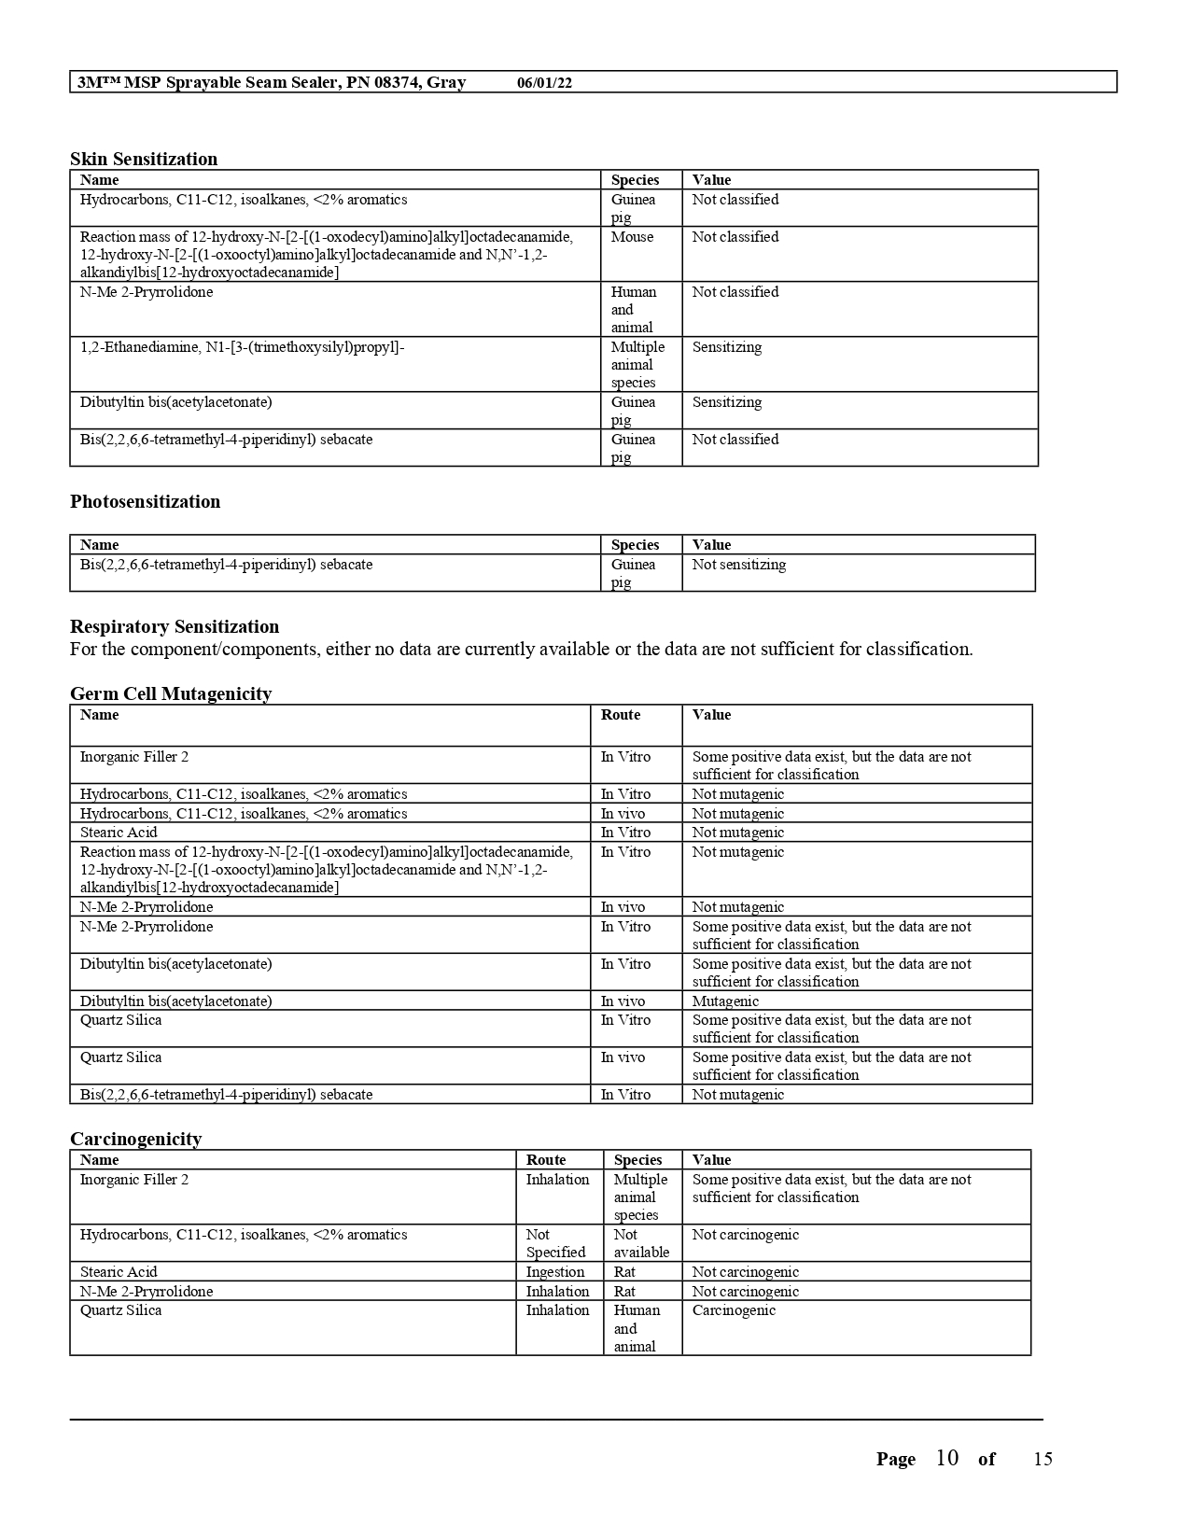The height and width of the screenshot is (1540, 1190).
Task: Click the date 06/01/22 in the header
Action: click(544, 83)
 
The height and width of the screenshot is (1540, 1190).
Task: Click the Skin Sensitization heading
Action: click(144, 159)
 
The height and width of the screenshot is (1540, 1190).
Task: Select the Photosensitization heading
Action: click(145, 501)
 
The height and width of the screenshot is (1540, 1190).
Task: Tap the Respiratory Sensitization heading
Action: click(175, 626)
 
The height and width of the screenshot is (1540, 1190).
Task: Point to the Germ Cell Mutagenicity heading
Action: click(171, 693)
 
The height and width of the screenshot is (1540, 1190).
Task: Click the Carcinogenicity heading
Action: click(135, 1139)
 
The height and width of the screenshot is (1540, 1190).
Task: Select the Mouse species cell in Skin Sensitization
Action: click(632, 237)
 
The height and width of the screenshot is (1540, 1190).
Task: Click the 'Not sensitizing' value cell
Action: click(738, 565)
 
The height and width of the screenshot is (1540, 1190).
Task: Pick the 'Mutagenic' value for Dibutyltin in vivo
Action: click(725, 1001)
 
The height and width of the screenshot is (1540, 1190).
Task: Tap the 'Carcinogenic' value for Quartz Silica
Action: click(734, 1310)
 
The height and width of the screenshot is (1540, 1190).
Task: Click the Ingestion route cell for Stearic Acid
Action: click(554, 1272)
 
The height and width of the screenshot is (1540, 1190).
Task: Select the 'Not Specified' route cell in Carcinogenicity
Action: click(555, 1243)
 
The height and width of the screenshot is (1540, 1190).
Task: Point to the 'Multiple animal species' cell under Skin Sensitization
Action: click(637, 365)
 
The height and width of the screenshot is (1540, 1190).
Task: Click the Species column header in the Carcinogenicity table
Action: click(637, 1160)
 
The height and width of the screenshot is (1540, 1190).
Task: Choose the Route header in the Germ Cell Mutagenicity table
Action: click(620, 715)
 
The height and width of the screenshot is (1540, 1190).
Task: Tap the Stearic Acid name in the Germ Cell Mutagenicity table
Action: click(119, 833)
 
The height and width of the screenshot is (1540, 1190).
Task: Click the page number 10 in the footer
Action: click(946, 1458)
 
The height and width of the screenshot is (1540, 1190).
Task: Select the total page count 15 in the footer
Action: click(1043, 1459)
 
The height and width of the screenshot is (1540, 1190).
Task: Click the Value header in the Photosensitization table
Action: click(711, 545)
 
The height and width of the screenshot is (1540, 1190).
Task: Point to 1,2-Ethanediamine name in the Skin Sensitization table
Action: click(242, 347)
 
